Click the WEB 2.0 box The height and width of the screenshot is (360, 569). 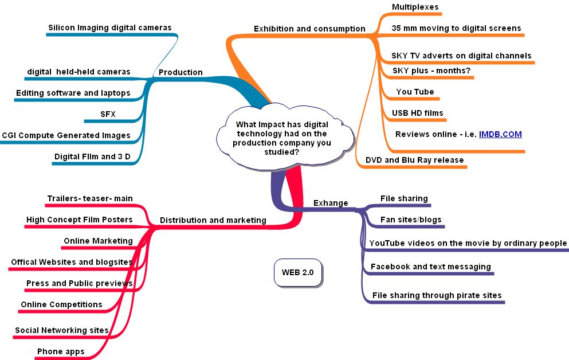pos(297,272)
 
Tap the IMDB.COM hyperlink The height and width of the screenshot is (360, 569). pos(500,134)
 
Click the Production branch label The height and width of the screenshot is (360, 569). pos(180,72)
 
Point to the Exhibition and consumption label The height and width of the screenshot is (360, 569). pos(309,29)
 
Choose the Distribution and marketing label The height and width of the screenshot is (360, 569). pos(213,220)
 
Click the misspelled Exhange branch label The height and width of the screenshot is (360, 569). pos(331,203)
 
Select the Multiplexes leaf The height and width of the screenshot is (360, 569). pos(415,7)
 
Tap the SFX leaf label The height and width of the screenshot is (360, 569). pos(108,114)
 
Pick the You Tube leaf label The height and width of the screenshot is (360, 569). pos(415,92)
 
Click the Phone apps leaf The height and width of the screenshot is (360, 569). pos(61,351)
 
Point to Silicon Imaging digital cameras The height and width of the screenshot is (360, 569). pos(109,28)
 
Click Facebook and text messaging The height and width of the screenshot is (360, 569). pos(430,267)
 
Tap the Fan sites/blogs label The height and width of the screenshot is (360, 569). pos(411,220)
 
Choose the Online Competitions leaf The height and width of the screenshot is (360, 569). pos(61,304)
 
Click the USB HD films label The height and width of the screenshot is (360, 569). pos(417,113)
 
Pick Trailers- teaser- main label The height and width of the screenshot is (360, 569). pos(90,198)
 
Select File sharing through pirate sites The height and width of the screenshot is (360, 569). pos(437,295)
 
